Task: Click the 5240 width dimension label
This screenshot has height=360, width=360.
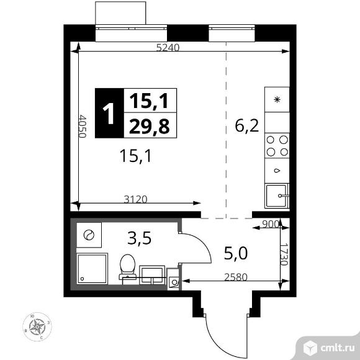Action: pyautogui.click(x=168, y=48)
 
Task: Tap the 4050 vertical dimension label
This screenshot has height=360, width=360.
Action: pyautogui.click(x=82, y=126)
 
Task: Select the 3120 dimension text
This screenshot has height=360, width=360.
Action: pyautogui.click(x=135, y=199)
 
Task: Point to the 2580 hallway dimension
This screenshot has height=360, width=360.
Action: pyautogui.click(x=236, y=277)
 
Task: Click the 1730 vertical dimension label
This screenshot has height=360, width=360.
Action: pyautogui.click(x=284, y=254)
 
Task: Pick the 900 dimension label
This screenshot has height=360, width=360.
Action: pyautogui.click(x=271, y=224)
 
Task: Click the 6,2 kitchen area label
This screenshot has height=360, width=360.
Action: pyautogui.click(x=247, y=126)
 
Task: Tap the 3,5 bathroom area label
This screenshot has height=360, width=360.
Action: pyautogui.click(x=140, y=238)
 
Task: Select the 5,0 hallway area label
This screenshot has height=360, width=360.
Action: pyautogui.click(x=236, y=253)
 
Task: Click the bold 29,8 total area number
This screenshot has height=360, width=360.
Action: pyautogui.click(x=150, y=126)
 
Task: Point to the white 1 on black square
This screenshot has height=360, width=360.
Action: pyautogui.click(x=109, y=114)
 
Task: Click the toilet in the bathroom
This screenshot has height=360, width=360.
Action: pyautogui.click(x=127, y=267)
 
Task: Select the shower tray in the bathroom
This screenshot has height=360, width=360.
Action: pyautogui.click(x=92, y=269)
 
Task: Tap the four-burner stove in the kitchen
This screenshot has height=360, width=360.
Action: pyautogui.click(x=277, y=146)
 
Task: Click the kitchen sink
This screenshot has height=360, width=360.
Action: pyautogui.click(x=277, y=196)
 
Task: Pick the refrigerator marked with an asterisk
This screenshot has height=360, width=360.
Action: pyautogui.click(x=277, y=99)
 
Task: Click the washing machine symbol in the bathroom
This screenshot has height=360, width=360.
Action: pyautogui.click(x=89, y=235)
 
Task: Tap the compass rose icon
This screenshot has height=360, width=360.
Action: pyautogui.click(x=37, y=326)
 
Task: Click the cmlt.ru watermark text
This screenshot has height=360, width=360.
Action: pyautogui.click(x=337, y=348)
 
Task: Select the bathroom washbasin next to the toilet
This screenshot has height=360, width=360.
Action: pyautogui.click(x=152, y=275)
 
